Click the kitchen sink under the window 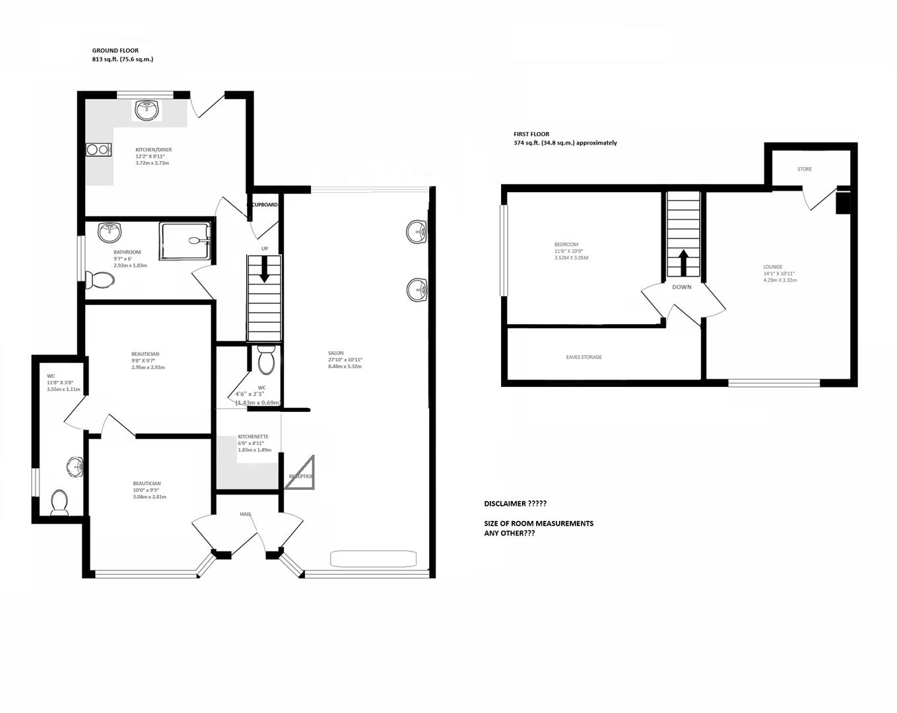click(x=147, y=110)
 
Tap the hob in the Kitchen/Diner click(x=97, y=150)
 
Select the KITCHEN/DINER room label click(x=153, y=150)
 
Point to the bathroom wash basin click(x=110, y=232)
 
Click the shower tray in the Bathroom click(x=185, y=241)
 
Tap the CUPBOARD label click(x=265, y=205)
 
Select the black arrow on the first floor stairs click(x=682, y=263)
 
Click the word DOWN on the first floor click(x=682, y=287)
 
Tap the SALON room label click(x=335, y=353)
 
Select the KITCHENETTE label click(x=253, y=436)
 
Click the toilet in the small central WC click(x=266, y=360)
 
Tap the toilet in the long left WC click(x=59, y=502)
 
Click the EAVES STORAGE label click(x=583, y=357)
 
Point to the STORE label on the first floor click(x=804, y=169)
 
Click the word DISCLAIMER click(x=504, y=504)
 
